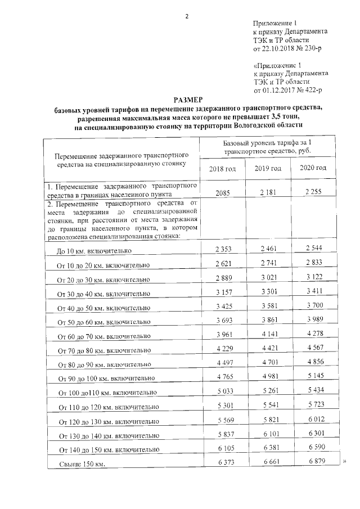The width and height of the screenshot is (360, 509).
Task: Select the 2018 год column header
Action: coord(222,169)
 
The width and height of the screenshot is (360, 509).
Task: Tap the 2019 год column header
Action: coord(268,168)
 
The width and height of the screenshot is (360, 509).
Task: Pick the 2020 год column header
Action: coord(313,168)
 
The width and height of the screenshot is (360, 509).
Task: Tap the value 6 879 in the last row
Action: coord(313,461)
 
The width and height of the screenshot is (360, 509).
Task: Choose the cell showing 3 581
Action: coord(268,306)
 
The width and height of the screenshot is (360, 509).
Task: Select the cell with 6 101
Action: coord(268,433)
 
